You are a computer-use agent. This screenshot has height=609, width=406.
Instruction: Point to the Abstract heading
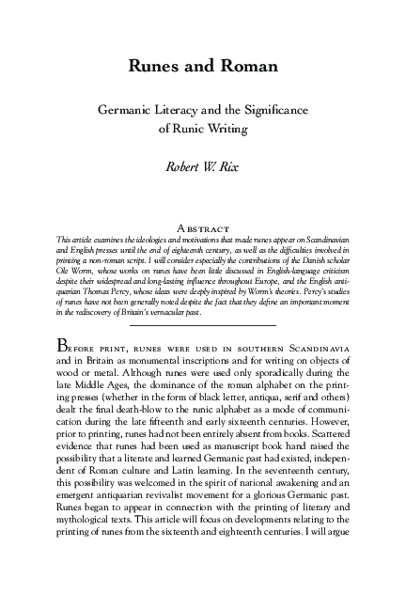click(203, 227)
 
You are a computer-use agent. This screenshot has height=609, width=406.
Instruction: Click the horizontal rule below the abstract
click(203, 325)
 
